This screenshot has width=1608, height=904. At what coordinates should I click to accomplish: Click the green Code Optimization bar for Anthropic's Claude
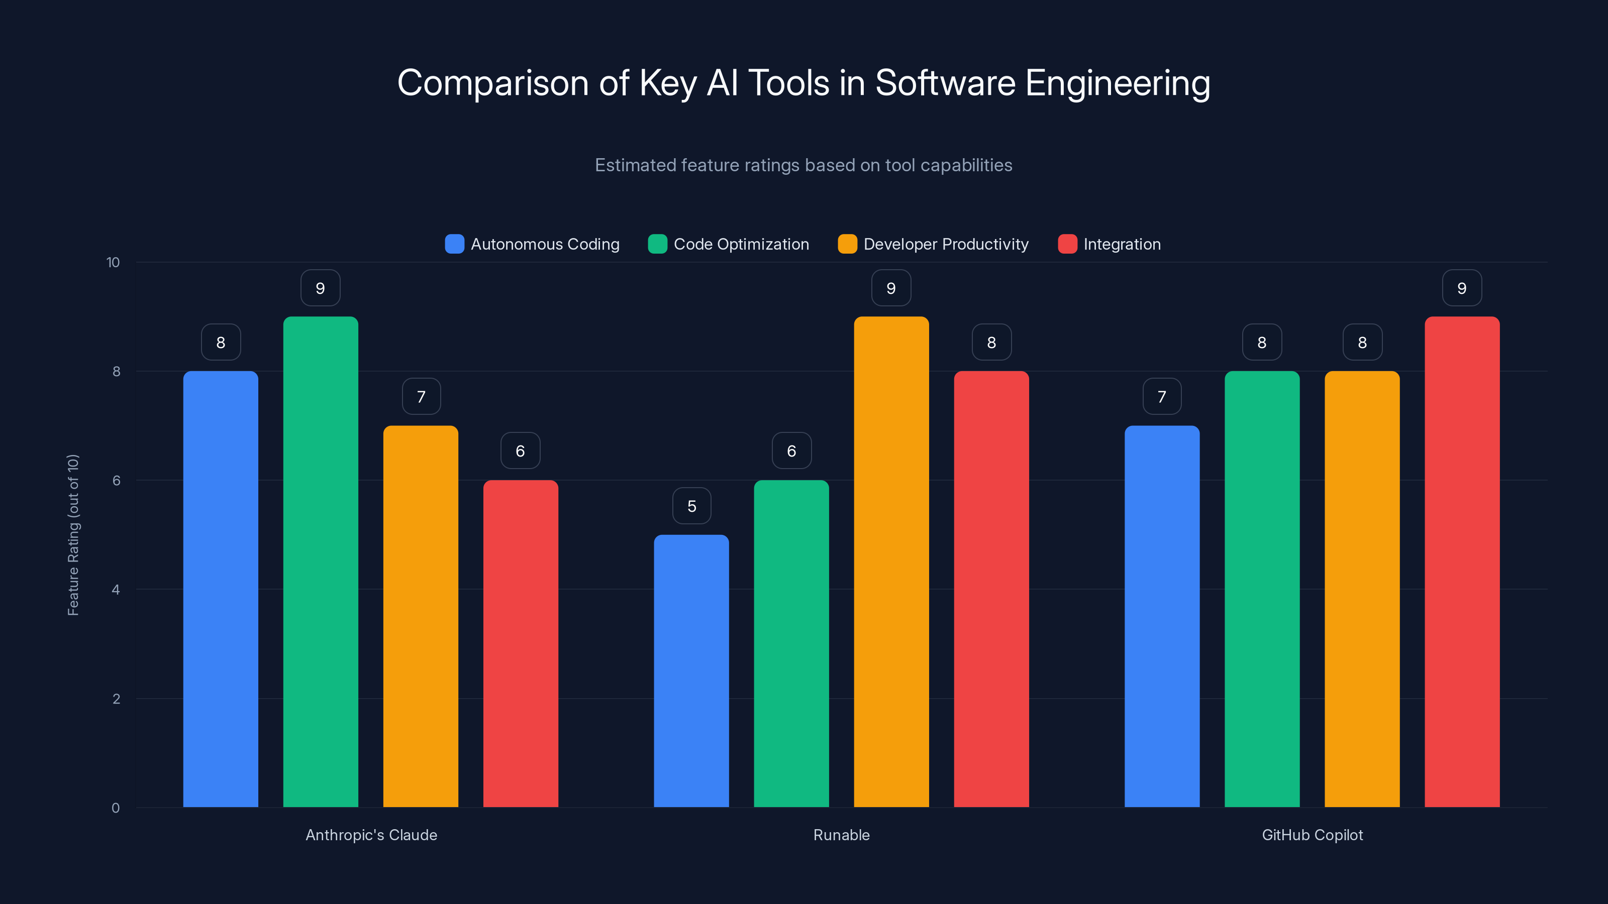coord(320,561)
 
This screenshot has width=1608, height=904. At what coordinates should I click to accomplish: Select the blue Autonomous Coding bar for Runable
coord(691,670)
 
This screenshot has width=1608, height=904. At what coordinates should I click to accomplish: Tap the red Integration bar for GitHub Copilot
coord(1462,561)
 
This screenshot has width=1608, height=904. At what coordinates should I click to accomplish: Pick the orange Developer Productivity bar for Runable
coord(891,561)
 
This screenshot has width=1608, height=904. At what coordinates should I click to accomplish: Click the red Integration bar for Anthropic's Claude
coord(520,643)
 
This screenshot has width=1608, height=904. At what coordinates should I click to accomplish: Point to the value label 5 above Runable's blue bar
coord(691,506)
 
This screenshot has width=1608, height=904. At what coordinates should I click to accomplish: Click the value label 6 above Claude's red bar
coord(520,451)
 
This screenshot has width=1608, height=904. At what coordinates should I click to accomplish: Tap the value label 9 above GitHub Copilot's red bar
coord(1462,288)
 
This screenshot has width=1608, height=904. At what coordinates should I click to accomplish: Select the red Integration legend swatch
coord(1067,244)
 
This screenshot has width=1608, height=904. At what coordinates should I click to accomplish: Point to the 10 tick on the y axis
coord(113,263)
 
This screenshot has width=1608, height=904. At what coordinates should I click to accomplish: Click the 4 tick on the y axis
coord(116,590)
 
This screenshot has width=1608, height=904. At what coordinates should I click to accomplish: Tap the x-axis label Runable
coord(841,835)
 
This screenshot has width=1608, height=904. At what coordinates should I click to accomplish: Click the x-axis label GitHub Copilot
coord(1312,835)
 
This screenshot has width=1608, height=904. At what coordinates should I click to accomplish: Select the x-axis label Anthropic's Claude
coord(371,835)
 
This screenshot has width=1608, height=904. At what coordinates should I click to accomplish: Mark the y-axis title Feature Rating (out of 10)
coord(73,535)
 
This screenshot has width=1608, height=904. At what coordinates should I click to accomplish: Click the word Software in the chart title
coord(945,82)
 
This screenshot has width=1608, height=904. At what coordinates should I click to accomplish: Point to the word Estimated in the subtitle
coord(634,165)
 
